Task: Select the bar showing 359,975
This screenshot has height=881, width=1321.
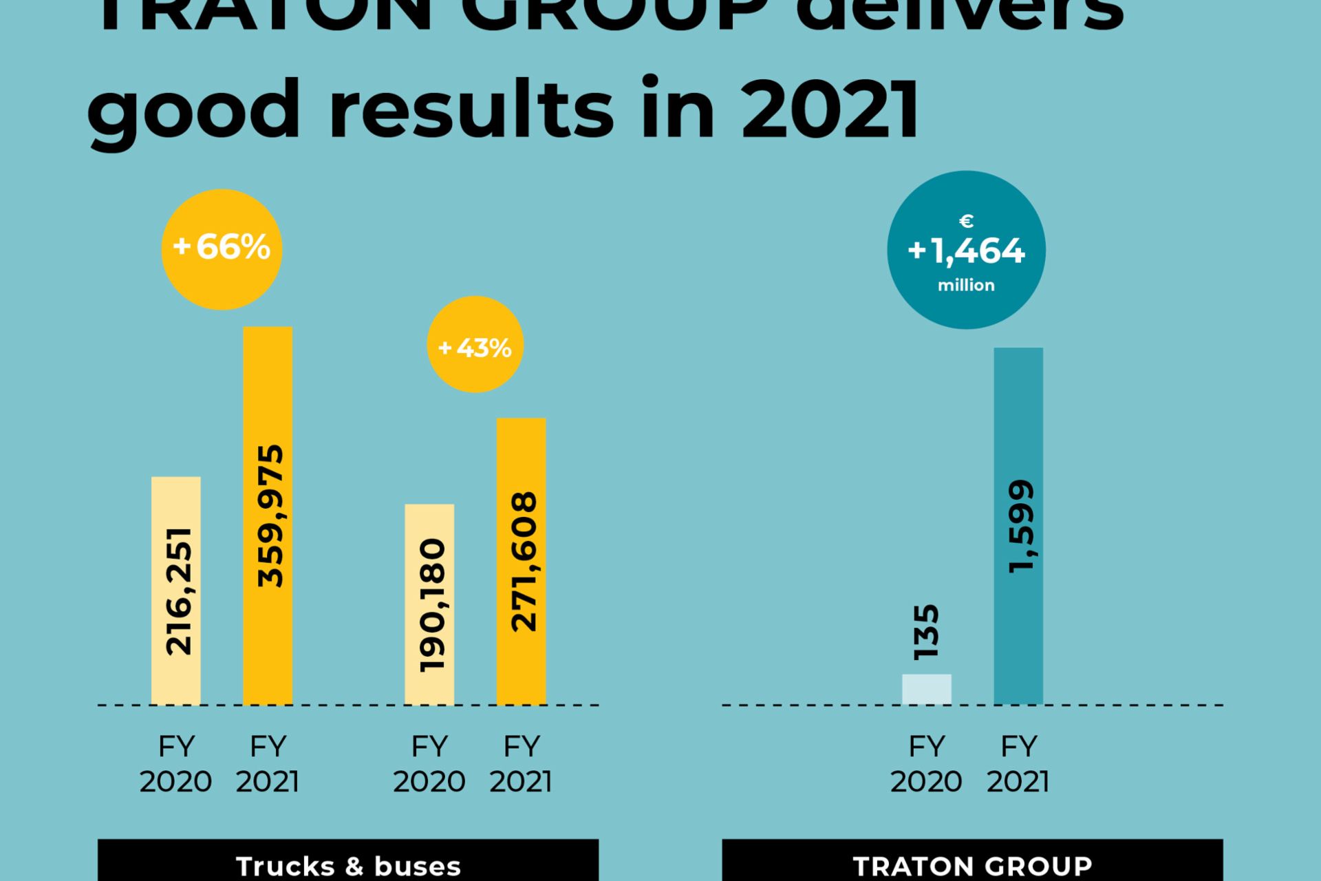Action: pyautogui.click(x=268, y=516)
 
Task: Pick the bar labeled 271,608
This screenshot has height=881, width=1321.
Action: pyautogui.click(x=521, y=561)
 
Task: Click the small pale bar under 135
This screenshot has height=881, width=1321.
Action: pyautogui.click(x=926, y=689)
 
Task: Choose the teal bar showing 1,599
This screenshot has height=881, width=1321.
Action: pyautogui.click(x=1018, y=526)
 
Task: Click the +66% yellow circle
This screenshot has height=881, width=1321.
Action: pyautogui.click(x=222, y=249)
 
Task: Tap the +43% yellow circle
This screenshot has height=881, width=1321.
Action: pyautogui.click(x=475, y=345)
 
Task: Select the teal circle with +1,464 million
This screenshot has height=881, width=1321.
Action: pyautogui.click(x=966, y=250)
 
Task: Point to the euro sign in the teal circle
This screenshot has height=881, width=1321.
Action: pyautogui.click(x=966, y=221)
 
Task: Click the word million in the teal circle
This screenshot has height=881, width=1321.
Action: pyautogui.click(x=966, y=285)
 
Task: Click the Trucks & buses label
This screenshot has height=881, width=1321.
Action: pyautogui.click(x=348, y=865)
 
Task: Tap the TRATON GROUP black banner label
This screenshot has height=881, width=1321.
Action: pyautogui.click(x=972, y=865)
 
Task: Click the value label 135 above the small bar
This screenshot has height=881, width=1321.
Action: pyautogui.click(x=926, y=632)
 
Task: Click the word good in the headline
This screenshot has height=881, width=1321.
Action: pyautogui.click(x=194, y=110)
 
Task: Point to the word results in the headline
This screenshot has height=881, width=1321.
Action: pyautogui.click(x=471, y=110)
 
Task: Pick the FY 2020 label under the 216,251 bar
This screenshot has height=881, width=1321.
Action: pyautogui.click(x=176, y=763)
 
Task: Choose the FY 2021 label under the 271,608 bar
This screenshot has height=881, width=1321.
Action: pyautogui.click(x=521, y=763)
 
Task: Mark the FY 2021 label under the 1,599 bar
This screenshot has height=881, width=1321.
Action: pyautogui.click(x=1018, y=763)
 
